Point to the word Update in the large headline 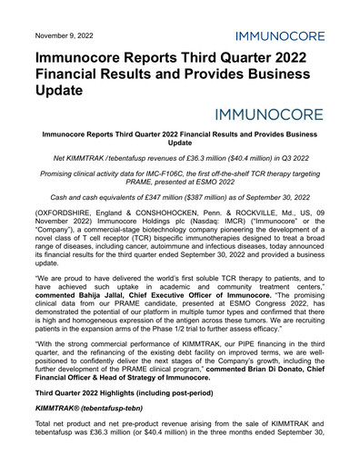coord(53,91)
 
